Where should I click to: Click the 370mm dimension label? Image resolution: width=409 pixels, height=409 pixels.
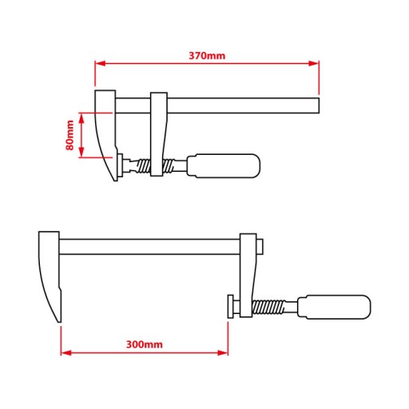click(207, 56)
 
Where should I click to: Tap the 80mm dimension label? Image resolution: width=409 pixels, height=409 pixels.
click(69, 135)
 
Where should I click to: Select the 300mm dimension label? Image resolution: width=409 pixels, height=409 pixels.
click(145, 344)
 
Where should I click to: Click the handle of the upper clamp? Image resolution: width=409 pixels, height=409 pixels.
click(224, 165)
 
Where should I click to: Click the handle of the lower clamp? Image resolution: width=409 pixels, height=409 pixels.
click(334, 307)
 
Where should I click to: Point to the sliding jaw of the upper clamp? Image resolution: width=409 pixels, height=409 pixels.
click(159, 134)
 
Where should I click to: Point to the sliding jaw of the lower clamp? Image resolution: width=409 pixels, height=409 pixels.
click(248, 276)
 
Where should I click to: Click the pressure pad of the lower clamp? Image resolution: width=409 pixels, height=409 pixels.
click(231, 306)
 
